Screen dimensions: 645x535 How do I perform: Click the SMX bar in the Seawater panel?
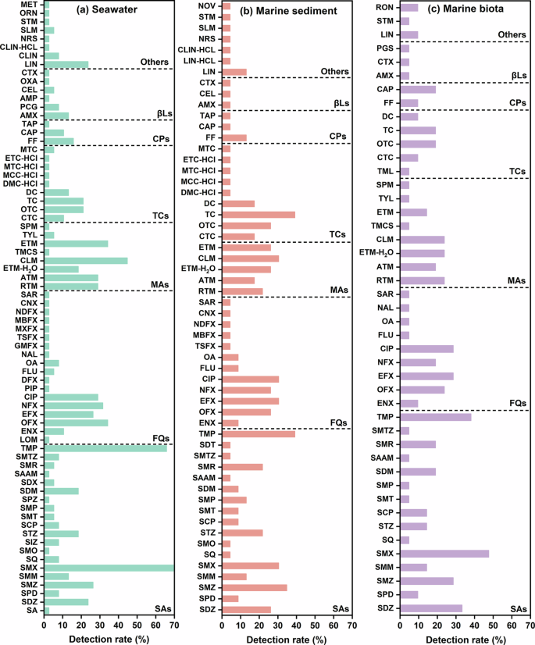click(x=109, y=568)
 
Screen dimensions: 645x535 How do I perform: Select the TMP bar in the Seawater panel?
click(x=105, y=448)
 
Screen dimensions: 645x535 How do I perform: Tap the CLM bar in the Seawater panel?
click(x=85, y=261)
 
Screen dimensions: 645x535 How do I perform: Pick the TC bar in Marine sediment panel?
click(x=259, y=215)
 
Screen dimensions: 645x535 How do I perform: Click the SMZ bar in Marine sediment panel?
click(x=255, y=587)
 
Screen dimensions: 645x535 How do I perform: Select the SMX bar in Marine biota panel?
click(x=444, y=554)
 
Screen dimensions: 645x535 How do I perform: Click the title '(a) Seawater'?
click(x=109, y=10)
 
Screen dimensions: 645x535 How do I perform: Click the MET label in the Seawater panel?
click(x=30, y=5)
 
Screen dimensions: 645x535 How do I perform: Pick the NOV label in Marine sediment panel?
click(x=207, y=5)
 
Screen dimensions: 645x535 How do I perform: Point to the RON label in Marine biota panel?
click(x=384, y=7)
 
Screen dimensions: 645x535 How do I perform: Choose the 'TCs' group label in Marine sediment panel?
click(x=338, y=234)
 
